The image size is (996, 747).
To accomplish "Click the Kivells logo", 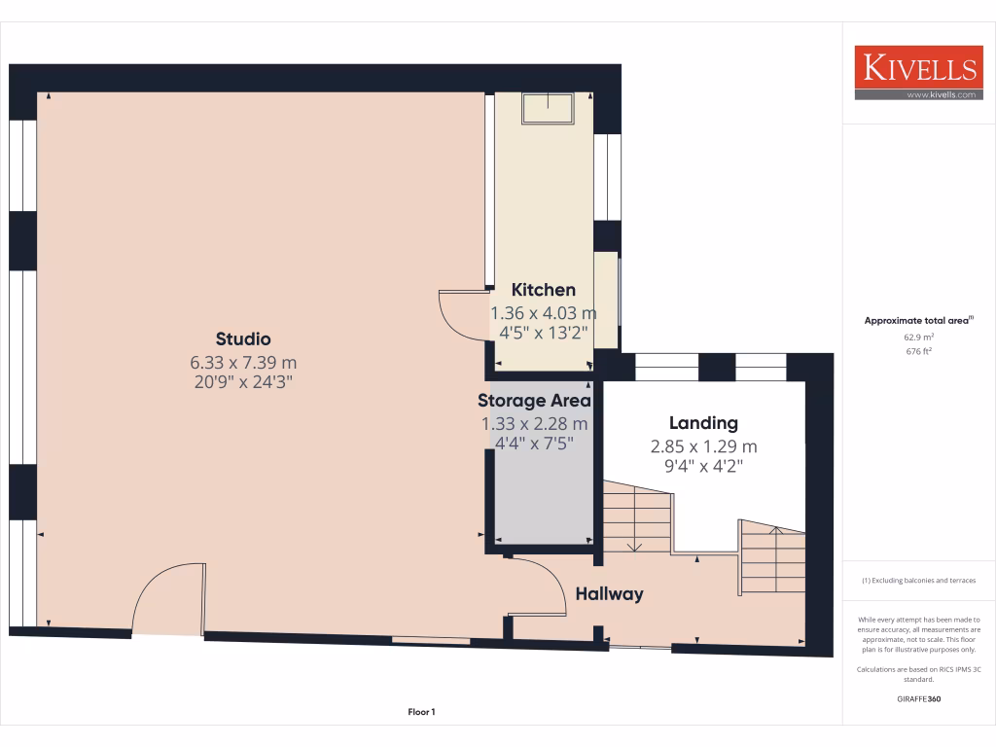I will point(917,73).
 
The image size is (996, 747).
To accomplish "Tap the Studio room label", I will point(243,339).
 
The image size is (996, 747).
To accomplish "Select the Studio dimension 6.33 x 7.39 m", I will point(243,362).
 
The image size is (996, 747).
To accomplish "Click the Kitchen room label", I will point(544,290).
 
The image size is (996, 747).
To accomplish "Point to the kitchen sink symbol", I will point(549,108).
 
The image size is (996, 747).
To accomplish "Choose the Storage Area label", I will point(534,401).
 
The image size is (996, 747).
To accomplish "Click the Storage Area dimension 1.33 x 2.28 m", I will point(534,424).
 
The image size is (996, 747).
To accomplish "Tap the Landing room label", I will point(703,423).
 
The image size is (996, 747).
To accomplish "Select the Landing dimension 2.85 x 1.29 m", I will point(703,447).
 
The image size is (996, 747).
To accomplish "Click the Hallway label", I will point(609,593).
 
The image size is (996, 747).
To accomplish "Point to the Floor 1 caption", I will point(421,712).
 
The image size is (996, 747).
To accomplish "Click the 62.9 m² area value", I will point(919,337).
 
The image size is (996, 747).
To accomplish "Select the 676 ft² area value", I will point(919,351).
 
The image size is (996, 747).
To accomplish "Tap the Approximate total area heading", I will point(919,320).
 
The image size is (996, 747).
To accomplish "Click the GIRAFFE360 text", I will point(919,698).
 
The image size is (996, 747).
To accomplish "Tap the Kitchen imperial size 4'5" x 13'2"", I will point(544,332).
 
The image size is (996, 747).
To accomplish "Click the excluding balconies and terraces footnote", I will point(919,581).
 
